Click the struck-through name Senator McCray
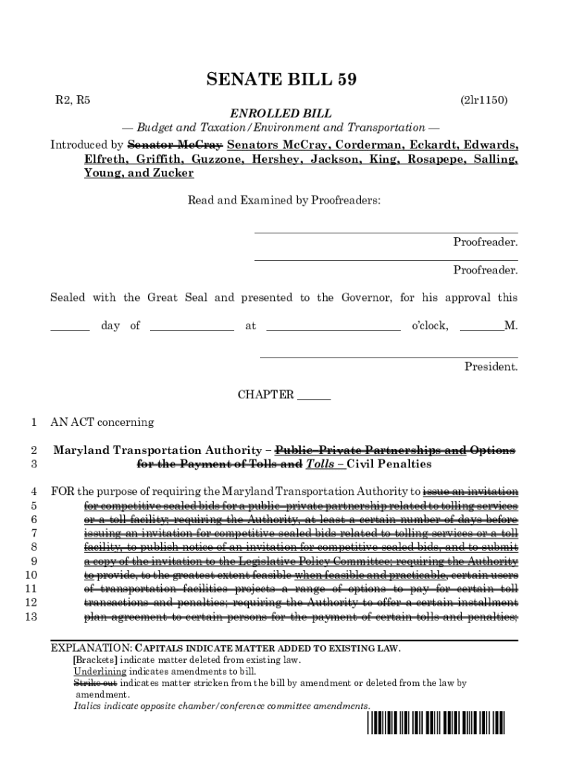pyautogui.click(x=175, y=144)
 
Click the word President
pyautogui.click(x=490, y=366)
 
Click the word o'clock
pyautogui.click(x=430, y=326)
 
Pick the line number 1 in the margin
pyautogui.click(x=33, y=422)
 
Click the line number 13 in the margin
pyautogui.click(x=31, y=617)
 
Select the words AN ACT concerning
pyautogui.click(x=102, y=422)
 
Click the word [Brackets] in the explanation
pyautogui.click(x=94, y=660)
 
